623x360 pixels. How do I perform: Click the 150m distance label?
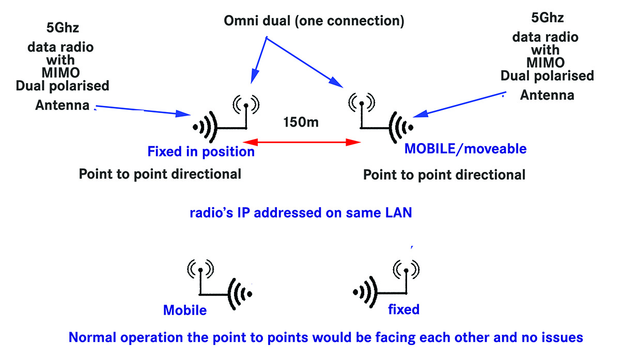coord(301,122)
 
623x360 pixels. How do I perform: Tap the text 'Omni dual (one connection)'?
coord(314,22)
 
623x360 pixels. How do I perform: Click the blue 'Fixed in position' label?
coord(201,152)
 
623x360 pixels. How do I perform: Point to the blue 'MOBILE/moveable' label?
coord(465,149)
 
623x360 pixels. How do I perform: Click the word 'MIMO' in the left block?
coord(61,72)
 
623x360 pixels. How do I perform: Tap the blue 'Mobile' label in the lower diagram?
coord(185,310)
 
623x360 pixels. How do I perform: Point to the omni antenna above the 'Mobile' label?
coord(200,269)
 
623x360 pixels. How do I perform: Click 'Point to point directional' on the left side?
coord(160,174)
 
